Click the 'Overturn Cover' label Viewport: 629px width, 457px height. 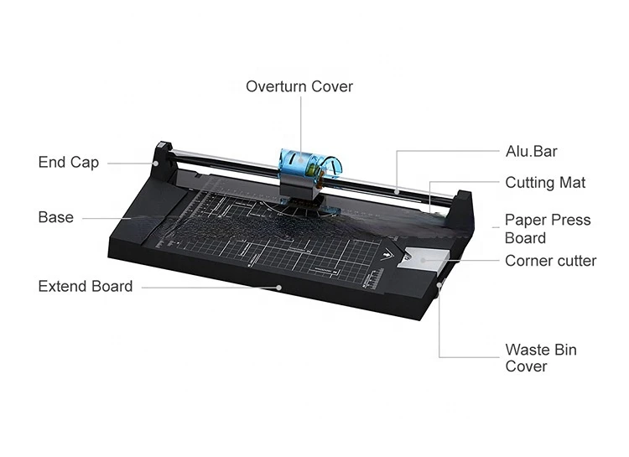[x=299, y=86]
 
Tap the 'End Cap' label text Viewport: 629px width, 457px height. [x=68, y=162]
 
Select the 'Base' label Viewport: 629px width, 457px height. [x=55, y=217]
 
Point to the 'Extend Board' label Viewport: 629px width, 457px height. [x=85, y=286]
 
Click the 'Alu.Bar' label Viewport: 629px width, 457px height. [x=531, y=152]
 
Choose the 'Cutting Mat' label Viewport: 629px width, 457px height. [x=545, y=182]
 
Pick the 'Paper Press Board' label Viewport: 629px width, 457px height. [x=547, y=228]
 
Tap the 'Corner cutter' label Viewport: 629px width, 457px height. [x=550, y=261]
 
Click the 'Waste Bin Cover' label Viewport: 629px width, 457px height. [x=540, y=358]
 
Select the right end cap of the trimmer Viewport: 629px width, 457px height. [x=462, y=210]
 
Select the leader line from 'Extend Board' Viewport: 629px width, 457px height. [x=210, y=287]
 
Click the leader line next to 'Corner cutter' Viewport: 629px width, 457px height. [x=470, y=260]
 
